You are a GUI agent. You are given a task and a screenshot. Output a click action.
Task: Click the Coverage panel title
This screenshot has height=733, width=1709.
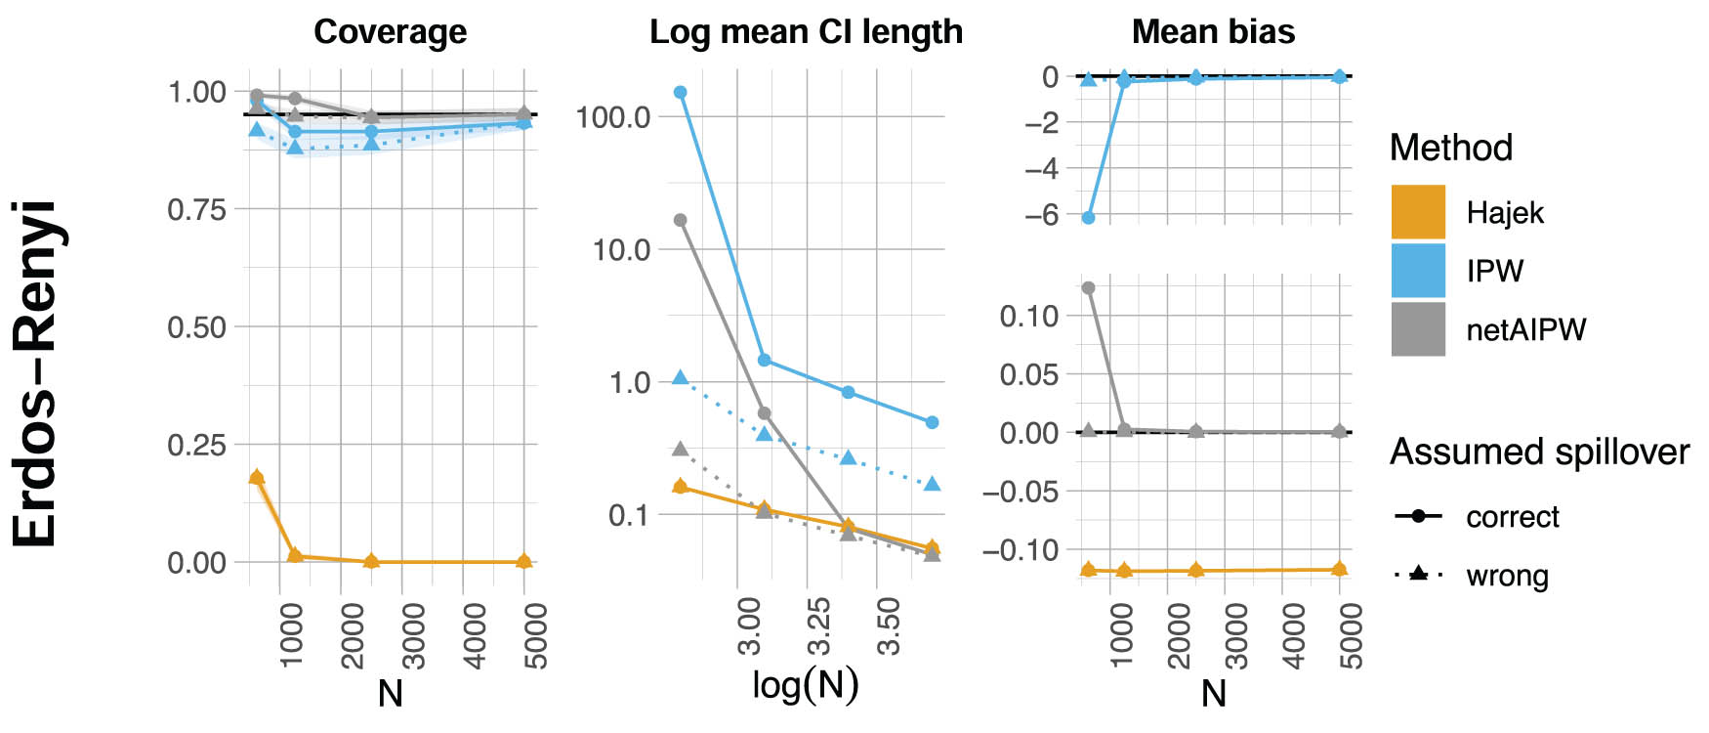[x=390, y=32]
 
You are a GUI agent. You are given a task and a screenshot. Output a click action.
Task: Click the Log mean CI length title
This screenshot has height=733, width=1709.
[x=806, y=32]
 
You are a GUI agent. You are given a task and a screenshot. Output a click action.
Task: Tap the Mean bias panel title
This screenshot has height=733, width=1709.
[x=1213, y=32]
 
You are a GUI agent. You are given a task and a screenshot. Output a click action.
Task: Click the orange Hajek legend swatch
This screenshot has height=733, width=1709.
[x=1418, y=212]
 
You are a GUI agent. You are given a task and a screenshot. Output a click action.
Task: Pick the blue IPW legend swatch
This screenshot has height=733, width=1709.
[x=1418, y=271]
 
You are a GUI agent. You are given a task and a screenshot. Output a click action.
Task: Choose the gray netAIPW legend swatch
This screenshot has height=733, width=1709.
[x=1418, y=329]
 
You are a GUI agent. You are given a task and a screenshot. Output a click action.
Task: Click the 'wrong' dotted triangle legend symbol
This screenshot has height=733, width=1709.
[x=1419, y=575]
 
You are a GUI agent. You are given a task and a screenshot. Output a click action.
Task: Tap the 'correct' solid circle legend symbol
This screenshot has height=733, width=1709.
[x=1419, y=516]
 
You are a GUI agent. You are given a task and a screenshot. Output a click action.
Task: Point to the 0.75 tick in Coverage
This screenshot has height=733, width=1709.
[x=196, y=210]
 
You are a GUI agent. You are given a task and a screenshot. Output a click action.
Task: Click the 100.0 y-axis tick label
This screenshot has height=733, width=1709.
[x=612, y=117]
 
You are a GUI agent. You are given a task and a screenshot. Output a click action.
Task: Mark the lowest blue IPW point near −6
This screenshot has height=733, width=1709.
[x=1089, y=218]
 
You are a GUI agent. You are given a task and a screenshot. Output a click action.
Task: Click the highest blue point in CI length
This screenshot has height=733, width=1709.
[x=681, y=93]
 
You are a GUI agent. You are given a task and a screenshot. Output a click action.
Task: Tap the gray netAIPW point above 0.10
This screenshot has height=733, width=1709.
[x=1089, y=288]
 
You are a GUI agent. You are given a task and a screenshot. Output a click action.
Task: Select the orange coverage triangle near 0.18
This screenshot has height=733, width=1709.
[x=257, y=477]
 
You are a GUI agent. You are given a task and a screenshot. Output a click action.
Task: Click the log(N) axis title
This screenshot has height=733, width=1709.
[x=806, y=685]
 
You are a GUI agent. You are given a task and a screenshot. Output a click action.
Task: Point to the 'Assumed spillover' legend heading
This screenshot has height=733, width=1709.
[x=1539, y=452]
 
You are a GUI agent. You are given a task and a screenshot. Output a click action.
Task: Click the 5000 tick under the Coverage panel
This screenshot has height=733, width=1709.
[x=535, y=636]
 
